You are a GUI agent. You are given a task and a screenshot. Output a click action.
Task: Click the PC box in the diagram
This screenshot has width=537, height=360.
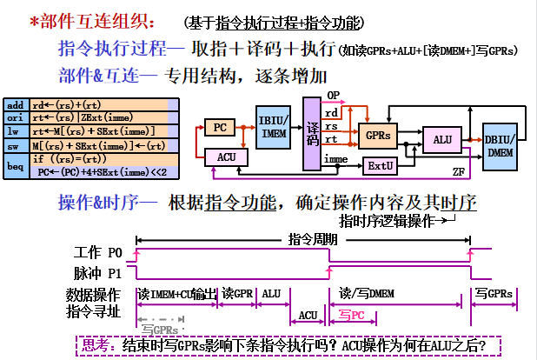(x=221, y=127)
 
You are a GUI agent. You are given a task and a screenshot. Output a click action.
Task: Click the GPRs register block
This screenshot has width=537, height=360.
(x=378, y=136)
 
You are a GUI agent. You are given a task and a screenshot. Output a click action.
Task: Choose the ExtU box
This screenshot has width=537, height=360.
(x=378, y=164)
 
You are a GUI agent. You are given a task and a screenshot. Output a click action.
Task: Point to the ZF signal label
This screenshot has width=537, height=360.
(x=459, y=171)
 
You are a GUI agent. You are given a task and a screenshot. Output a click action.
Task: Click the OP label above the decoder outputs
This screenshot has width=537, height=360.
(x=332, y=95)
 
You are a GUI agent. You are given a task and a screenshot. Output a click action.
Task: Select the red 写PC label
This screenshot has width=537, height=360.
(x=352, y=315)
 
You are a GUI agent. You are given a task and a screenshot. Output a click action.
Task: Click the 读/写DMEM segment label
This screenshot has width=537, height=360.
(x=369, y=293)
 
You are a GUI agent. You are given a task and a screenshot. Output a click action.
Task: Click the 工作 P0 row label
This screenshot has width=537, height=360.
(x=100, y=254)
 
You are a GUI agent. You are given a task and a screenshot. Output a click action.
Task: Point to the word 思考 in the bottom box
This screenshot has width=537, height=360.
(x=95, y=344)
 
